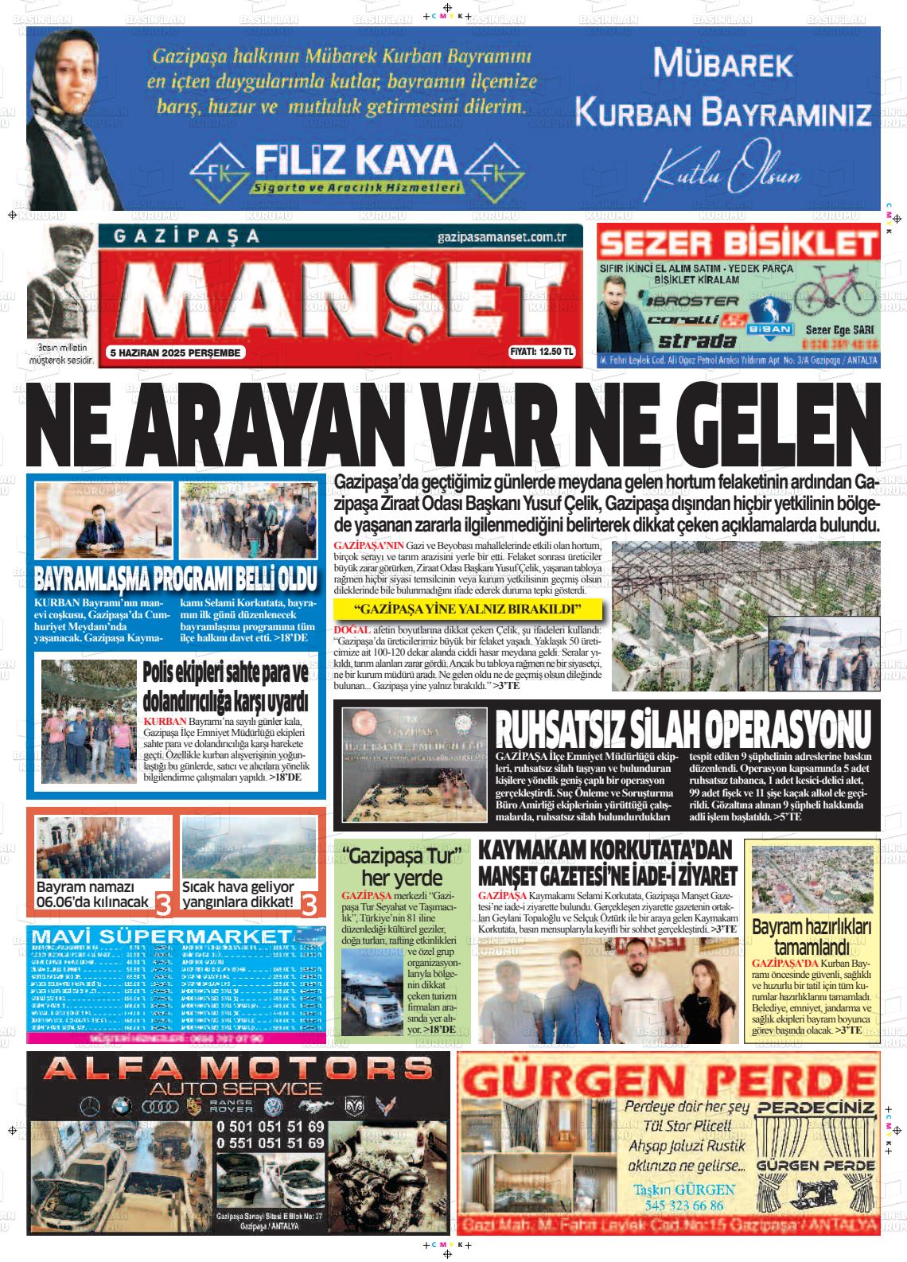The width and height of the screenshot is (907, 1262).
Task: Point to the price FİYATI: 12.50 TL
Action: coord(541,352)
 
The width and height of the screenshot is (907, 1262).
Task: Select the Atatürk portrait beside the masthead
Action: coord(62,282)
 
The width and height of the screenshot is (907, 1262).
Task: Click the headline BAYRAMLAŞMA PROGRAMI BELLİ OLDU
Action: coord(176,578)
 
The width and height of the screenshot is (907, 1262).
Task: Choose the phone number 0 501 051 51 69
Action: coord(271,1126)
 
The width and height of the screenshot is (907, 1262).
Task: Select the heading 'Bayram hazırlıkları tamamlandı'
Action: coord(812,937)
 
